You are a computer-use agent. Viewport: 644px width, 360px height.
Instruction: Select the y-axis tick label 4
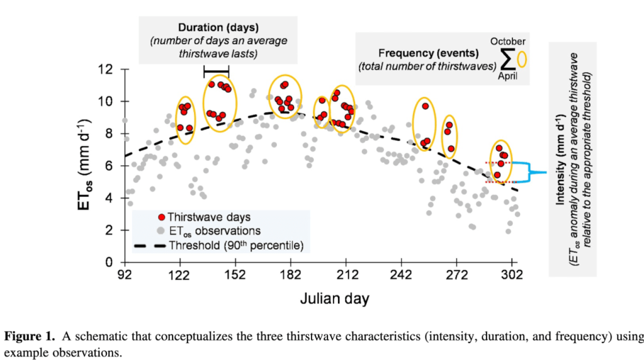tap(113, 198)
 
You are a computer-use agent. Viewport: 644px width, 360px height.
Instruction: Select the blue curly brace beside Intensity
tap(535, 171)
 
